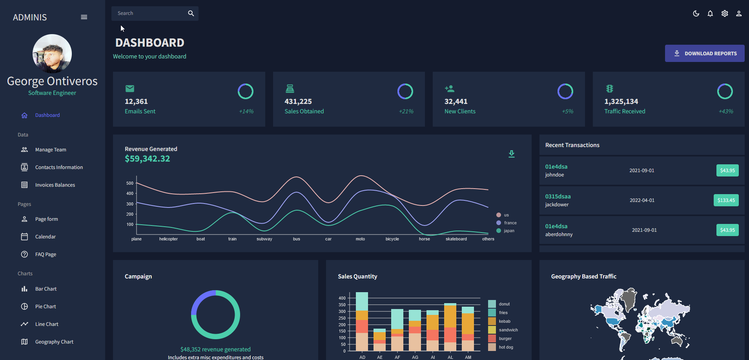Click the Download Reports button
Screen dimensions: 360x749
click(704, 53)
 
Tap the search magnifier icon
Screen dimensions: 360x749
click(191, 13)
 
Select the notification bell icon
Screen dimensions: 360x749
click(710, 14)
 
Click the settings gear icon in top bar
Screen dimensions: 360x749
click(725, 14)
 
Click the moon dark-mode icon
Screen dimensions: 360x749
click(696, 14)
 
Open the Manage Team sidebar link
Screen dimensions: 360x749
click(50, 150)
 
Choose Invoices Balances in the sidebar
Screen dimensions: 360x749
click(55, 185)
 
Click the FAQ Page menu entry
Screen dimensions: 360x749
click(46, 255)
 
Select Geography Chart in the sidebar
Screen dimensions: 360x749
click(54, 342)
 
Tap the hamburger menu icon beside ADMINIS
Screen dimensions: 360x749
click(84, 17)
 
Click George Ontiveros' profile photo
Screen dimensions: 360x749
click(52, 54)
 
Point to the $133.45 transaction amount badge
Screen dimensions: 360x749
click(726, 200)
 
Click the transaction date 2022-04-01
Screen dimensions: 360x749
click(642, 200)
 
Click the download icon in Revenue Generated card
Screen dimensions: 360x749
click(512, 154)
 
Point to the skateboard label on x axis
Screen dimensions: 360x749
click(456, 239)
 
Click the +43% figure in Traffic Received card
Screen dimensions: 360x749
click(725, 111)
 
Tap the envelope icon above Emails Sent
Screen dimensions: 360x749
click(130, 89)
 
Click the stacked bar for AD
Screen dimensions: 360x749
click(362, 322)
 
